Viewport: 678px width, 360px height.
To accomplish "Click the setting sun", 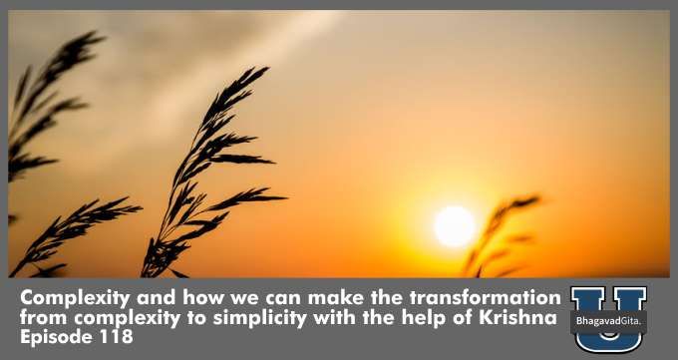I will [x=455, y=225].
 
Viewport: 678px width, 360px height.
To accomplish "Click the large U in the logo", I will [x=607, y=317].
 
